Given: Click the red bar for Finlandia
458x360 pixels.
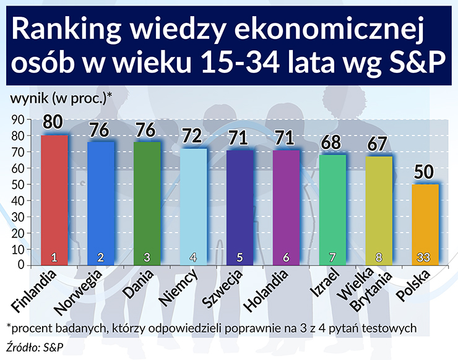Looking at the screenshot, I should point(54,198).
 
